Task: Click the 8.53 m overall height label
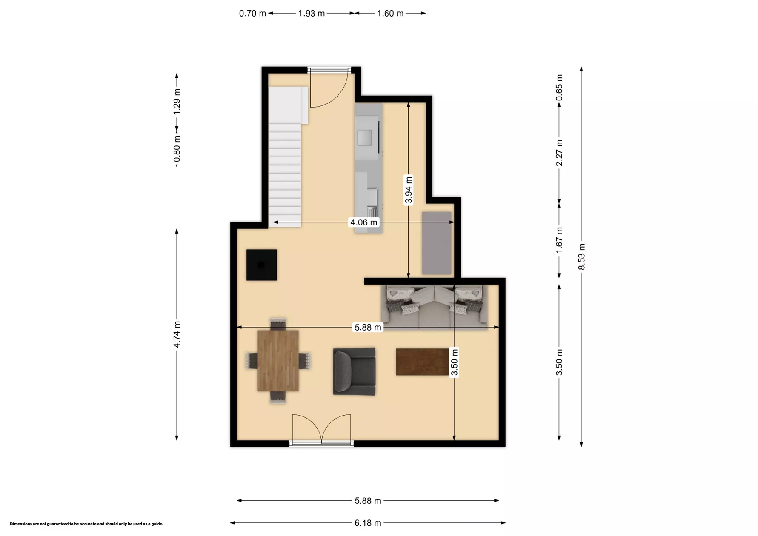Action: (581, 257)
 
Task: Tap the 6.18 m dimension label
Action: (368, 523)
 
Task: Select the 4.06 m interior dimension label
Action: (363, 222)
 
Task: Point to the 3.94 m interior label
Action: (409, 190)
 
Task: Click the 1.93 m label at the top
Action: (312, 13)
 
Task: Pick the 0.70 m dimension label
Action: (252, 13)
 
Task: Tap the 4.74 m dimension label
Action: (177, 334)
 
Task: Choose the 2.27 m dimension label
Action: (559, 153)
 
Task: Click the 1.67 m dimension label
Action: (559, 240)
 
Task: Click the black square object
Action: (262, 265)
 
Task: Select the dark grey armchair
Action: (354, 371)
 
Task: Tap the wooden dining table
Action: (278, 361)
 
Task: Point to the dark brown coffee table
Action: (422, 362)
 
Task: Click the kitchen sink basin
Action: (365, 137)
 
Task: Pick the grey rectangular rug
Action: (437, 243)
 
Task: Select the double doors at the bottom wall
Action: (321, 430)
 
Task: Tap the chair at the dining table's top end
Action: (278, 323)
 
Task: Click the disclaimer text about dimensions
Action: (86, 524)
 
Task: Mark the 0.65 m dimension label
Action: (559, 88)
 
